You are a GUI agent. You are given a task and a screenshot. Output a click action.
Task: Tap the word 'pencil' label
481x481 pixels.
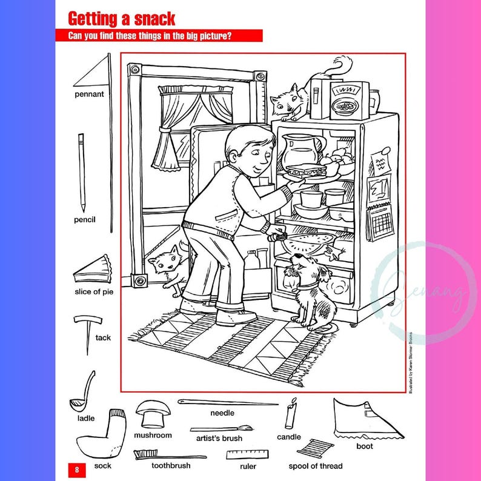85,220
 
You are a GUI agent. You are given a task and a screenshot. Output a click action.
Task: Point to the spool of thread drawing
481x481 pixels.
316,449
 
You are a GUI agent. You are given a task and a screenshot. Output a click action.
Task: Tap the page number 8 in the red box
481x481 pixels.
77,468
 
